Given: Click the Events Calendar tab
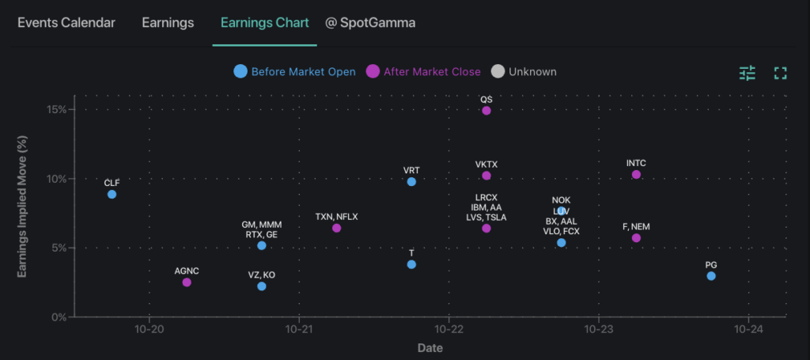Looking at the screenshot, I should [x=66, y=22].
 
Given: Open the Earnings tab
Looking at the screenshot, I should [x=168, y=22].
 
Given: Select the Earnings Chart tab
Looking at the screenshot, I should [x=264, y=22].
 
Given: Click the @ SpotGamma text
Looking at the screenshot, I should [x=370, y=22].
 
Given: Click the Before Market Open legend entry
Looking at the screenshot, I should [x=294, y=72].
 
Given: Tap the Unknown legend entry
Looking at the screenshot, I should [x=524, y=72].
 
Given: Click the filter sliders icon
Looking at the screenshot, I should [x=748, y=73].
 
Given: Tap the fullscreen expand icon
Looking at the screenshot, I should [x=780, y=73].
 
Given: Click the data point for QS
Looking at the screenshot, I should [x=486, y=111].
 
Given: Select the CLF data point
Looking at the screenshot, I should [x=112, y=194].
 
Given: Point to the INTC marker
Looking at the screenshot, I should [x=636, y=174].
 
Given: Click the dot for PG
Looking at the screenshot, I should [x=711, y=275].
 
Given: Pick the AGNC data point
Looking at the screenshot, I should [x=187, y=282].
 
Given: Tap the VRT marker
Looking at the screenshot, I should [x=411, y=182].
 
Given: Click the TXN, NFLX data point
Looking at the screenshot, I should [x=336, y=228].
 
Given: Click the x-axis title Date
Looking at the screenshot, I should [x=430, y=348].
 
